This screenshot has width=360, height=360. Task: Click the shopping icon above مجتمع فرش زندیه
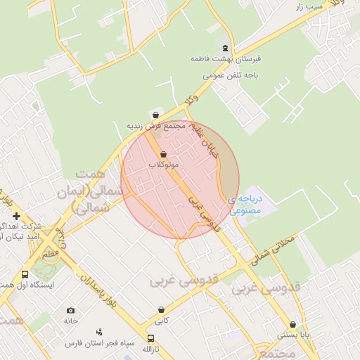[x=155, y=115]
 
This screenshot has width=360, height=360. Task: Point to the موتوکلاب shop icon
[x=164, y=154]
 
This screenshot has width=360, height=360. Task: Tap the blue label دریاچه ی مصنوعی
[x=245, y=205]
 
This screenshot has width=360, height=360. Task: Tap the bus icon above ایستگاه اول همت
[x=25, y=275]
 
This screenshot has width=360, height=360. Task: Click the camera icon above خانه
[x=70, y=310]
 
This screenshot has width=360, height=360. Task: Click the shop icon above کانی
[x=162, y=309]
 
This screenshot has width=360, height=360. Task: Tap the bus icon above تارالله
[x=150, y=338]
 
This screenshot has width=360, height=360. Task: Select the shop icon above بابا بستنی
[x=292, y=325]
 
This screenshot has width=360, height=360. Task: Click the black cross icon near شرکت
[x=16, y=216]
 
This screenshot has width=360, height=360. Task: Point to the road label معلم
[x=51, y=255]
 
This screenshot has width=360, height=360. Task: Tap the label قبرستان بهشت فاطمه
[x=224, y=60]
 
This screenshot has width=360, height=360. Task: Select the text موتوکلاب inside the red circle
[x=164, y=165]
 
